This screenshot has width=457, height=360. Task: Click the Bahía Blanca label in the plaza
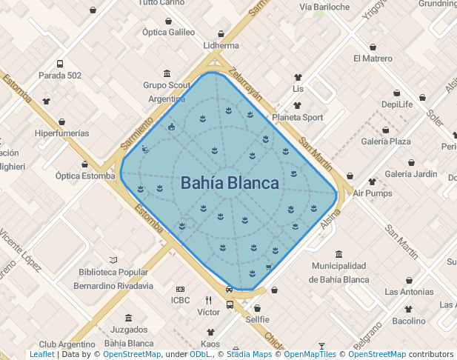230,183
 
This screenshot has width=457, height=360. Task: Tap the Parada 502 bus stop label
60,76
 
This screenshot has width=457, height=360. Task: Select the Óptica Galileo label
168,32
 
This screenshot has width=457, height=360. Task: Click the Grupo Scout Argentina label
167,92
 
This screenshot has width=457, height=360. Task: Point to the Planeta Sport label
297,117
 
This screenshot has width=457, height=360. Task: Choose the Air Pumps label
372,193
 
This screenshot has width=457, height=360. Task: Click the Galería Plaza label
385,141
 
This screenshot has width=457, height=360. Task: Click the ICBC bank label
181,300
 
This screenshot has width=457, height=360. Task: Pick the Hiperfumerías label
62,133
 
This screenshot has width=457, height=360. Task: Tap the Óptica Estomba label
85,176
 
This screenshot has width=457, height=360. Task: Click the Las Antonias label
409,291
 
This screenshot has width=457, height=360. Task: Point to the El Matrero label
373,59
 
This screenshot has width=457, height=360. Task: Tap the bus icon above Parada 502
60,64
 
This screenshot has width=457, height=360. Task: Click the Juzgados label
129,330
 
